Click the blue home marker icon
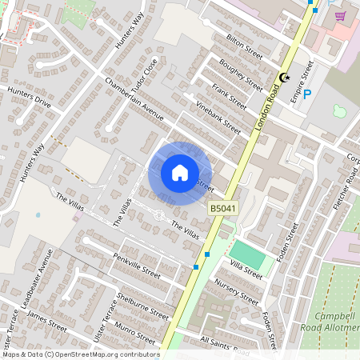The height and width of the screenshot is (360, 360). point(180,173)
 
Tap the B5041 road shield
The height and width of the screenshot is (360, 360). point(224,208)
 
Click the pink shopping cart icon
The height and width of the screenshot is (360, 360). point(340,15)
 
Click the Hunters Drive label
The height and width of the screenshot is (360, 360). point(28,98)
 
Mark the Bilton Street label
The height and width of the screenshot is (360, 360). point(244,46)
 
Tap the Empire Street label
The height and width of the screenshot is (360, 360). point(306,72)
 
